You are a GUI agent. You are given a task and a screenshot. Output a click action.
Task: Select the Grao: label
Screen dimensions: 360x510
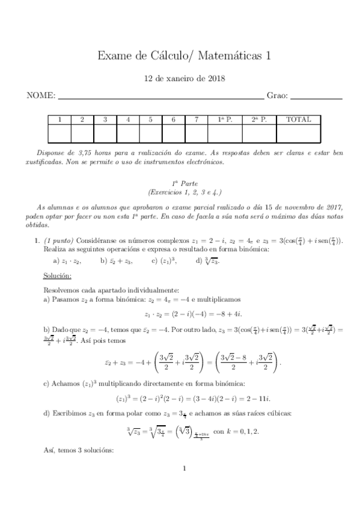(x=277, y=96)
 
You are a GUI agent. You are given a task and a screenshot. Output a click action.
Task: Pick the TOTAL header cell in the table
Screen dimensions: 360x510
(x=299, y=120)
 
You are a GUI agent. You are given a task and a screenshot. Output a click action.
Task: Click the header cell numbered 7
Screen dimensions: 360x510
(x=197, y=120)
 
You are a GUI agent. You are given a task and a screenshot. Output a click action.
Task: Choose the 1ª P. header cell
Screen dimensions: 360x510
(x=225, y=120)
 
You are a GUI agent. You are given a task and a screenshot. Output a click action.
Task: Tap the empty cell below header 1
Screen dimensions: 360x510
(x=59, y=133)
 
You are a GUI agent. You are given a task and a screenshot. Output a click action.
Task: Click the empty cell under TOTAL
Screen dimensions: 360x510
(x=299, y=133)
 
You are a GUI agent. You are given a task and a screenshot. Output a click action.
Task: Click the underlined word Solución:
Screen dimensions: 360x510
(x=57, y=275)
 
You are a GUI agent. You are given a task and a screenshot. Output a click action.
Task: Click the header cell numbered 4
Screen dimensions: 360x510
(x=128, y=120)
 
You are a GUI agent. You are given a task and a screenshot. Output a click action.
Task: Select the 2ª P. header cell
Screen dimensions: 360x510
(x=258, y=120)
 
